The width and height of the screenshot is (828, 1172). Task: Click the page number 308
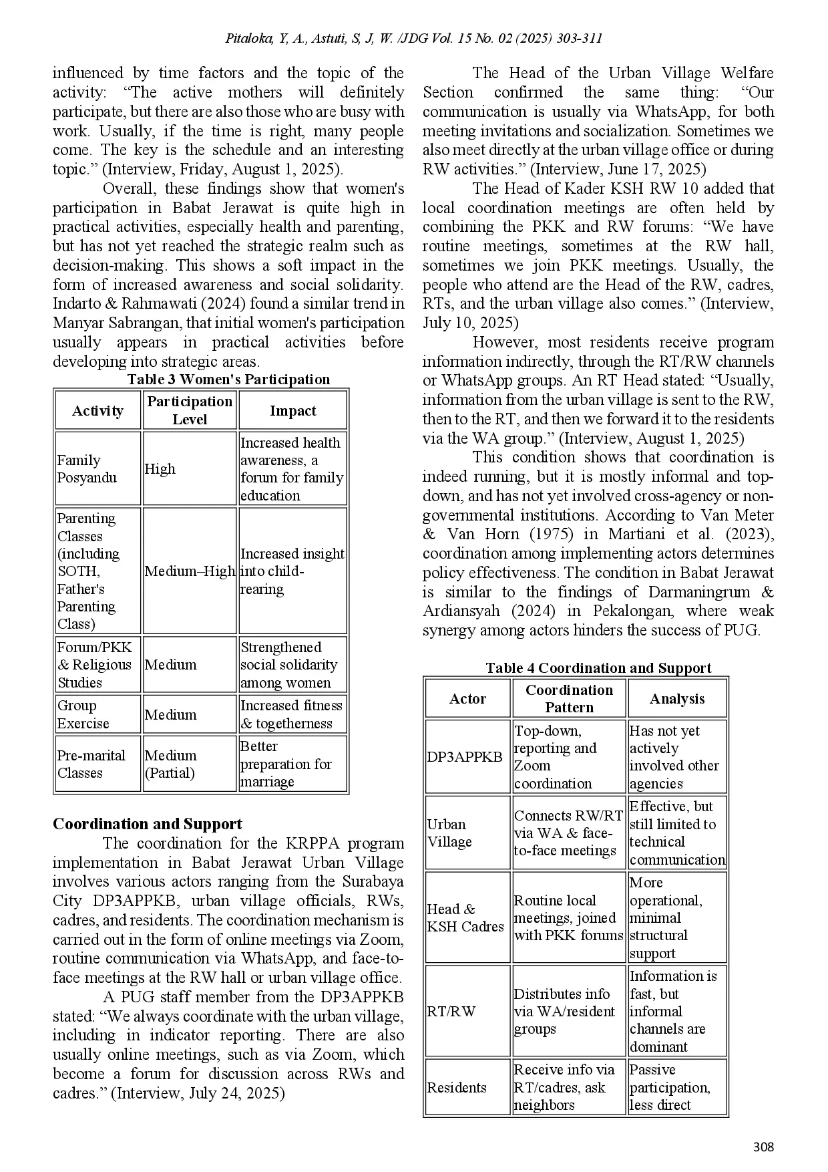tap(763, 1147)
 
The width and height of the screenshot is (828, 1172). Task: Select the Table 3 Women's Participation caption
tap(228, 380)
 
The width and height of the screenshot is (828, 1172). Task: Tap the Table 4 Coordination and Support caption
tap(598, 668)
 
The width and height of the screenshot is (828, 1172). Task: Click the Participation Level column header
tap(190, 410)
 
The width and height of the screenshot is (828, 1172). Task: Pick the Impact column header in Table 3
tap(292, 411)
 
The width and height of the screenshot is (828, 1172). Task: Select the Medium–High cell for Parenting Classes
tap(190, 571)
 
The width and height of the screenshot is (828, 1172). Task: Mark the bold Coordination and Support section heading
tap(148, 824)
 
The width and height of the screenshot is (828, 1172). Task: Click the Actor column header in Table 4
tap(467, 699)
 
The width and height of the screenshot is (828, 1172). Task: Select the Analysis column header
tap(676, 699)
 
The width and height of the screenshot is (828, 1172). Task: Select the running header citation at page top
tap(414, 38)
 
